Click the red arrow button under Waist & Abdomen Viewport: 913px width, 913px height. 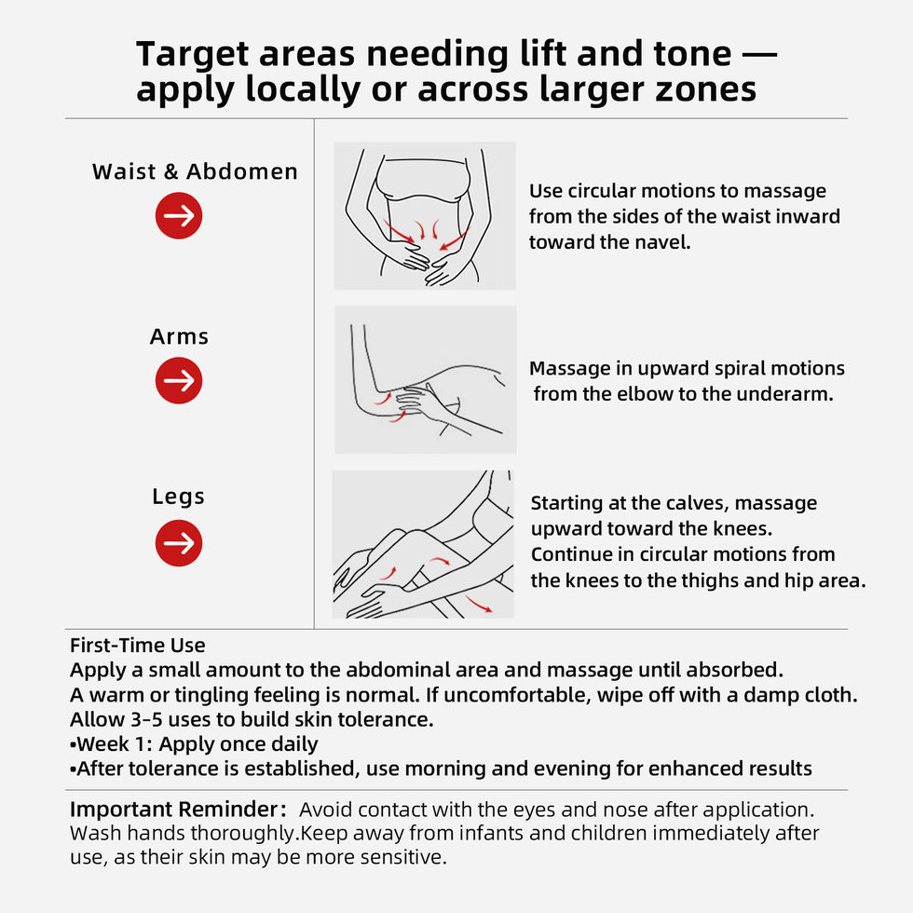point(179,215)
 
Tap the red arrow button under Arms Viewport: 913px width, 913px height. point(179,381)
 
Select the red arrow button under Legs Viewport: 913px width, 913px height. point(179,543)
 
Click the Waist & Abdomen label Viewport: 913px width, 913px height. point(195,171)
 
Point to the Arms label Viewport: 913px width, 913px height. point(179,336)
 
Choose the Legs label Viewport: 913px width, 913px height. point(178,497)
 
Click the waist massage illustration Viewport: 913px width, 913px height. point(425,215)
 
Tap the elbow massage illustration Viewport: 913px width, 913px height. point(425,380)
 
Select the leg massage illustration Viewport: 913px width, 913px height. point(423,544)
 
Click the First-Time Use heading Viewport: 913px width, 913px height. point(138,645)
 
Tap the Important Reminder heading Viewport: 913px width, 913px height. point(178,810)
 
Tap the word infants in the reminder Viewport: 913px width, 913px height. point(491,833)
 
